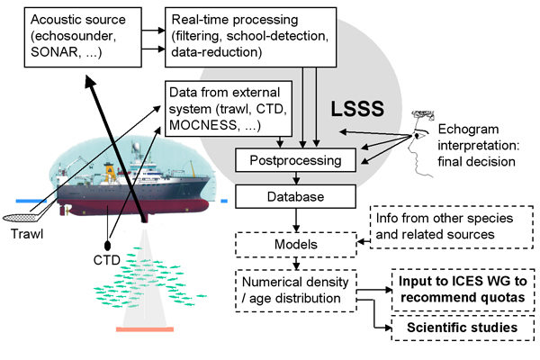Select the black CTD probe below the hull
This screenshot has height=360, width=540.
pyautogui.click(x=107, y=245)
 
